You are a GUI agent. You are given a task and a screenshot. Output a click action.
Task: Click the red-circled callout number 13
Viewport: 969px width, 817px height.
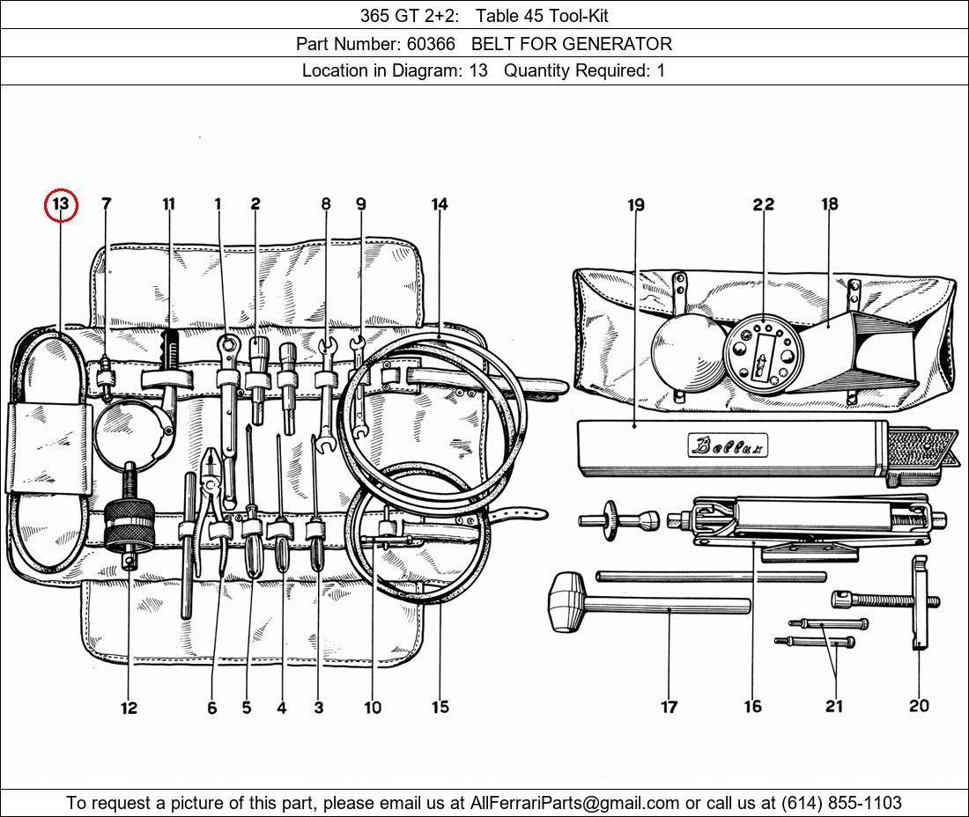(61, 204)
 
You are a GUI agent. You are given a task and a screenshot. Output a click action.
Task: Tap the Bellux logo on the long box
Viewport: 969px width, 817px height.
(728, 445)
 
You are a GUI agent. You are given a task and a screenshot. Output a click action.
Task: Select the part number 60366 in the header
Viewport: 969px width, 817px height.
(431, 44)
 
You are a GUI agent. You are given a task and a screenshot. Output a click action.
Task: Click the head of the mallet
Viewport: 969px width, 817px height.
(567, 601)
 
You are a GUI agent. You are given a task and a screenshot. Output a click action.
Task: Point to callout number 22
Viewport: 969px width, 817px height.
(763, 203)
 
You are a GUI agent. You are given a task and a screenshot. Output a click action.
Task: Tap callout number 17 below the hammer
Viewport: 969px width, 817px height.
(669, 706)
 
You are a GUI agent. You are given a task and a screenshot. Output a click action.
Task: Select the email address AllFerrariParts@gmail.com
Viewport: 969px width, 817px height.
(574, 803)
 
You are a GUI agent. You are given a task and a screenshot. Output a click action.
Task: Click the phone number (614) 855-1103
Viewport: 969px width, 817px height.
(841, 803)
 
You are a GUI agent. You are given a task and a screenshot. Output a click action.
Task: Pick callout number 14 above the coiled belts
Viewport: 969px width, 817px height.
(440, 203)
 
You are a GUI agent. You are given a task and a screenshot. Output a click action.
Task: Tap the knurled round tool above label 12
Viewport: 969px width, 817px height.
(129, 526)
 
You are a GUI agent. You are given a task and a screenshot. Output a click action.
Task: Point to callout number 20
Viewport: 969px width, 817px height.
(919, 705)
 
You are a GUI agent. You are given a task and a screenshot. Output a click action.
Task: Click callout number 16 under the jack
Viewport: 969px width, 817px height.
(752, 706)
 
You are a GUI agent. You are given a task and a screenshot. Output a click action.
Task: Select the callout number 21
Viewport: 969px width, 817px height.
(834, 705)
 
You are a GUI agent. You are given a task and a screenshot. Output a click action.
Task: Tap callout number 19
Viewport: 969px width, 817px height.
(636, 204)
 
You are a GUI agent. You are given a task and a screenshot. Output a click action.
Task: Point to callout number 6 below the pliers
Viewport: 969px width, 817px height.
(212, 708)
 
